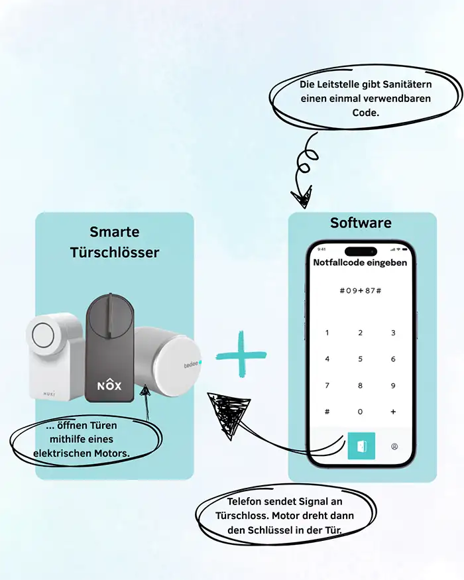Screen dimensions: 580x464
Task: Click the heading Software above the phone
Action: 361,223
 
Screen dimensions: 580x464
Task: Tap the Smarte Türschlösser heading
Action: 115,242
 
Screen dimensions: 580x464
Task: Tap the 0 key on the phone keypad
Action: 360,412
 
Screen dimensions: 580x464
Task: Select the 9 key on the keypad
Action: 393,385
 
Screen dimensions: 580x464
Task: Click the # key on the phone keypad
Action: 327,412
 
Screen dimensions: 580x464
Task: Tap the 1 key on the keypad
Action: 327,333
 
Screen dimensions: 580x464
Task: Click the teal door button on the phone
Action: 361,446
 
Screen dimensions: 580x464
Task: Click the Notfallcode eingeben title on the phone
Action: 361,262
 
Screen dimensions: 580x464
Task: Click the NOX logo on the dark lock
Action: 109,384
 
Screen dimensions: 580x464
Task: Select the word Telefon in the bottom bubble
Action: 246,502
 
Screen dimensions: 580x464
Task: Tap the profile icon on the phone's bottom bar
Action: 394,446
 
